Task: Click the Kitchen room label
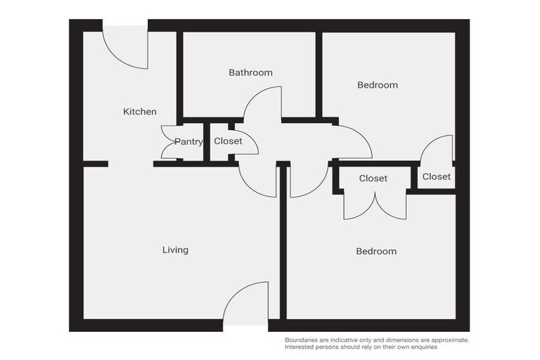coord(140,112)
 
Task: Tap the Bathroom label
coord(250,72)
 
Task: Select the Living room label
coord(175,250)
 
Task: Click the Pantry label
coord(188,142)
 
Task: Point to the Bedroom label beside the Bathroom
coord(378,85)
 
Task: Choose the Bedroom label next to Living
coord(376,251)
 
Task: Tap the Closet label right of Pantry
coord(228,141)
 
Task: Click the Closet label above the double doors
coord(373,179)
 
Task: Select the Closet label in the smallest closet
coord(436,176)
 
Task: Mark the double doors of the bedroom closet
coord(375,205)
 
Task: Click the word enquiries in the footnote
coord(420,347)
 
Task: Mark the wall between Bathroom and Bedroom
coord(319,74)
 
